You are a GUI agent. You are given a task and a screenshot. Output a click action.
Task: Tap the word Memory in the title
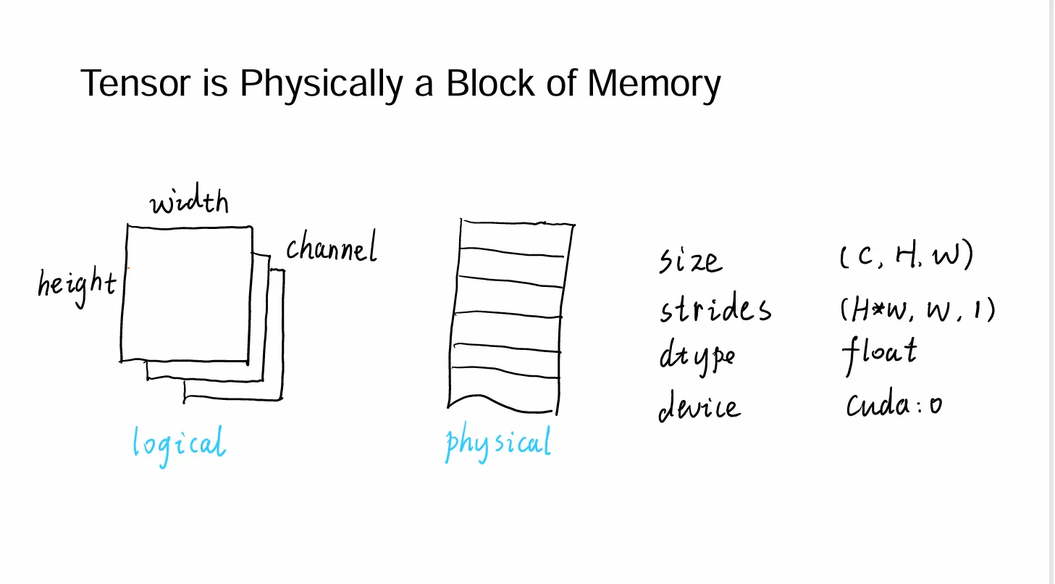tap(654, 85)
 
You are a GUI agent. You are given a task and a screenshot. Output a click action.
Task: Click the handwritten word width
tap(190, 202)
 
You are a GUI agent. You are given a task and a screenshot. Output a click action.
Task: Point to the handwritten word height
tap(77, 284)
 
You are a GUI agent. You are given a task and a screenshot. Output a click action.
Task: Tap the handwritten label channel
tap(332, 249)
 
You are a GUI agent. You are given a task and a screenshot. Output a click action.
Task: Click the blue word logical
tap(179, 442)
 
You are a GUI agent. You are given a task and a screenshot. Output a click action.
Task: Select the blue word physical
tap(498, 443)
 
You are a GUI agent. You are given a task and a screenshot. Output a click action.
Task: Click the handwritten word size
tap(690, 260)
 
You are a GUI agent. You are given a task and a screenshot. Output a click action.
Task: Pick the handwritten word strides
tap(715, 309)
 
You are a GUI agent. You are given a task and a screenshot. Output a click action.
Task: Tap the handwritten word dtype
tap(697, 356)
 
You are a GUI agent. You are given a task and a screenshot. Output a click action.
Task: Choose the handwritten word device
tap(699, 407)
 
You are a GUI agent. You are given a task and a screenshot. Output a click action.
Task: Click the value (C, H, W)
tap(906, 257)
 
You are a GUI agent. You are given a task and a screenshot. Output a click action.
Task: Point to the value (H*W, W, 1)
tap(917, 309)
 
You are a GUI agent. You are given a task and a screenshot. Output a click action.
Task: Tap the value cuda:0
tap(894, 405)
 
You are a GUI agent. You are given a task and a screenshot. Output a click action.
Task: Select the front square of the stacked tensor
tap(186, 293)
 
